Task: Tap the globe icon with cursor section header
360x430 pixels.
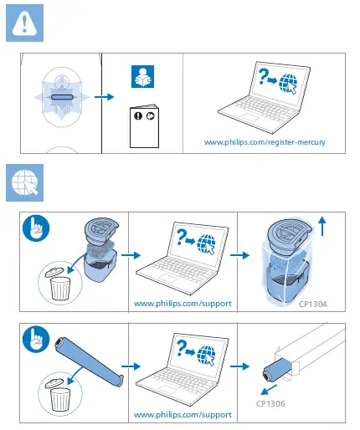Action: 25,182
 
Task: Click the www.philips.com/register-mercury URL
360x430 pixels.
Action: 265,142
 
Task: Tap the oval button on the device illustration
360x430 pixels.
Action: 64,98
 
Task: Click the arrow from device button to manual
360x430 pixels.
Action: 105,98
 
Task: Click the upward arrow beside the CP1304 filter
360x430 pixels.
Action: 323,224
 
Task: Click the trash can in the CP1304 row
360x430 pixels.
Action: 60,286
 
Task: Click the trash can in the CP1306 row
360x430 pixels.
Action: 60,398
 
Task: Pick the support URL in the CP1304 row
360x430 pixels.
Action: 183,303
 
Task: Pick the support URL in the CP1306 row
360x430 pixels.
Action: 183,414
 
